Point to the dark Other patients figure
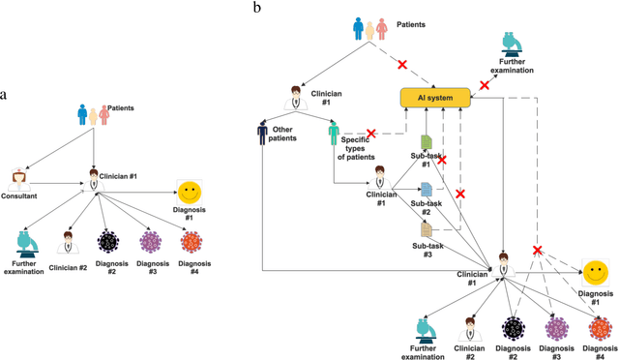pos(263,131)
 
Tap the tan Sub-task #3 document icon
pos(427,229)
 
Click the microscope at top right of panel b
pos(513,43)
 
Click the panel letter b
pos(256,8)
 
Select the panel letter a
pos(5,95)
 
